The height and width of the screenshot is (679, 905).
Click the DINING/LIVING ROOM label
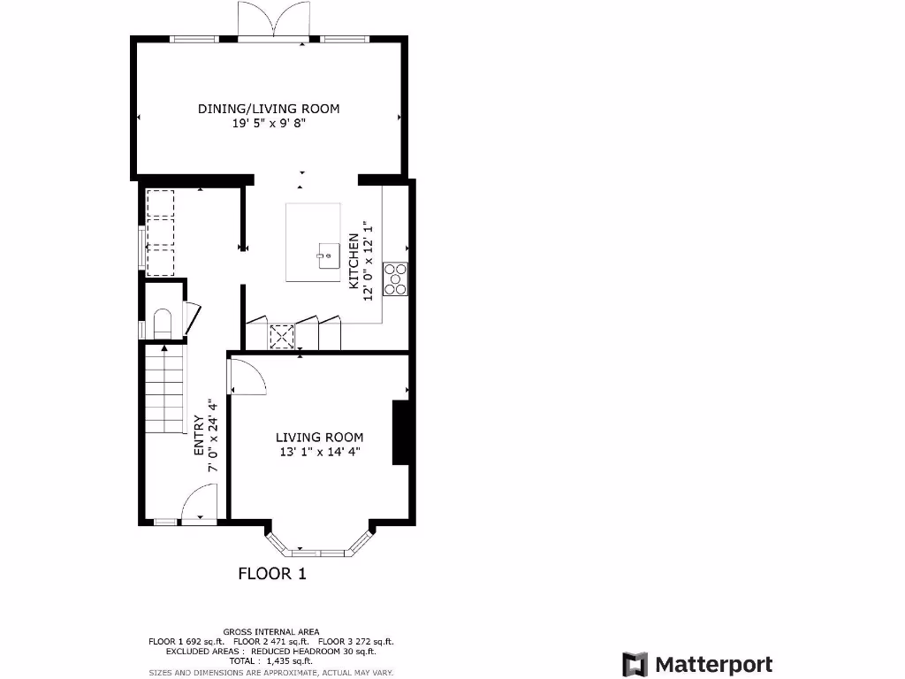point(268,109)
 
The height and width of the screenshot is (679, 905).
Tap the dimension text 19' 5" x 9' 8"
point(268,125)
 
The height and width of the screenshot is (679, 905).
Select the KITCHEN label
point(354,262)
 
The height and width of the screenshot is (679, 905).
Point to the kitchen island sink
point(326,256)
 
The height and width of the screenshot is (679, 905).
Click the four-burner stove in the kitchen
point(395,278)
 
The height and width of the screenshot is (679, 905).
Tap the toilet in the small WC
point(162,322)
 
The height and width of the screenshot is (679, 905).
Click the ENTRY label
point(199,436)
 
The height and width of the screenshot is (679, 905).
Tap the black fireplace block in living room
point(402,433)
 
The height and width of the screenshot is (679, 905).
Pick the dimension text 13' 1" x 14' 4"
point(319,452)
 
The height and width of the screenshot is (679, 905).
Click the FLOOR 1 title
point(272,574)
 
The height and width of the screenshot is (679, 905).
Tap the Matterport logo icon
point(635,665)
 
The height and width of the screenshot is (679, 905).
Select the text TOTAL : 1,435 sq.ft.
point(271,660)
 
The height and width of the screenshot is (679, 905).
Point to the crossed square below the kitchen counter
point(282,337)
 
